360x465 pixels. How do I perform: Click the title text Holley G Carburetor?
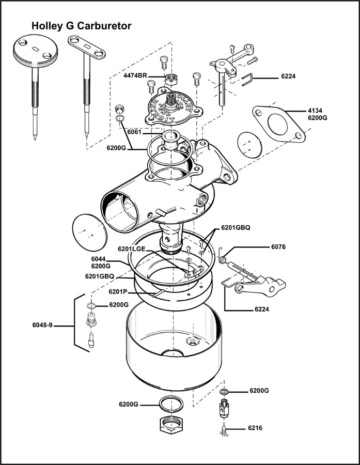tap(81, 25)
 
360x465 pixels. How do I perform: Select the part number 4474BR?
tap(135, 76)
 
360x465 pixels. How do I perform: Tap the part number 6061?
tap(134, 132)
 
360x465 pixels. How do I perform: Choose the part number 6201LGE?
tap(132, 249)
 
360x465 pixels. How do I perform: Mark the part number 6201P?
tap(117, 292)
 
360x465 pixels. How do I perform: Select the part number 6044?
tap(99, 259)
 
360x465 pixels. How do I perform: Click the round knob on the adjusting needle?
tap(34, 53)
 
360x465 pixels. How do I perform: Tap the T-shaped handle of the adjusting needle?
tap(86, 48)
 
